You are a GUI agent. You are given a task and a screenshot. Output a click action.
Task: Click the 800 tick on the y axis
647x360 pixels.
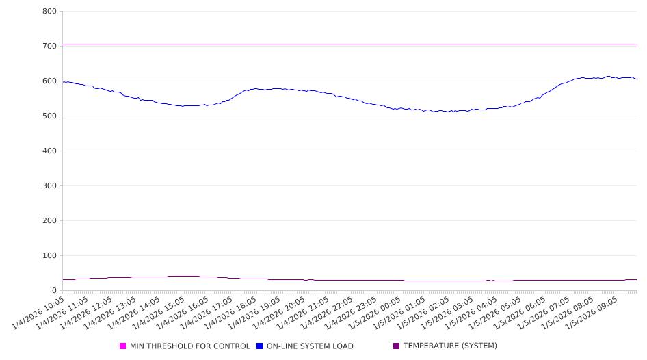click(49, 12)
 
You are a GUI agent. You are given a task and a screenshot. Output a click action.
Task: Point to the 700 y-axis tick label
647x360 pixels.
click(49, 47)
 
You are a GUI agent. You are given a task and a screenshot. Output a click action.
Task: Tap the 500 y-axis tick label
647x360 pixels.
click(49, 116)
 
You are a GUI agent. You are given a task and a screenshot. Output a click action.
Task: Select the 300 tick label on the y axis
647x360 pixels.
click(49, 186)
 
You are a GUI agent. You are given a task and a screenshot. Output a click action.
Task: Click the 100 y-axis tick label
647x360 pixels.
click(49, 256)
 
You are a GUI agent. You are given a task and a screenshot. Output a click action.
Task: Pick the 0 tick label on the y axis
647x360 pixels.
click(53, 291)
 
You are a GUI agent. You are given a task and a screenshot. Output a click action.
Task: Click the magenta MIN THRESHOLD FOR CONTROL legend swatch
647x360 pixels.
click(123, 346)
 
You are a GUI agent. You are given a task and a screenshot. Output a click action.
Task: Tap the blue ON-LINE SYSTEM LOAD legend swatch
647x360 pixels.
click(260, 346)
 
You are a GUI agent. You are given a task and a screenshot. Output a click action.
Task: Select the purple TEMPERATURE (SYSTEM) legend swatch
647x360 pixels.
click(397, 346)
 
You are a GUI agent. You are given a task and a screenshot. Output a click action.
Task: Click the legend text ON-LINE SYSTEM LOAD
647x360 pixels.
click(310, 346)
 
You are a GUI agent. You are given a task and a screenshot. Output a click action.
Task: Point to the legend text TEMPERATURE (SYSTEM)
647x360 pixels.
click(450, 346)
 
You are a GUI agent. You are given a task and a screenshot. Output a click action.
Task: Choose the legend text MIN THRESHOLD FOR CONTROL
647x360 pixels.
click(189, 346)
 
